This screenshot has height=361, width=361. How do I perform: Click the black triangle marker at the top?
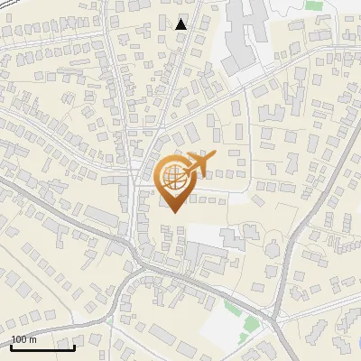pos(181,23)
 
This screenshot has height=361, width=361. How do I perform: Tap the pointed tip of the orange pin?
pos(171,211)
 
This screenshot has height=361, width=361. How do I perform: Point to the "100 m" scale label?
pos(23,339)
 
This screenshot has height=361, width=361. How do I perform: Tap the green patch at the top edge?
pos(313,5)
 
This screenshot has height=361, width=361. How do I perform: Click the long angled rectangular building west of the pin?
pos(100,217)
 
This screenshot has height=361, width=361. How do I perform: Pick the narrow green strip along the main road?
pos(231,307)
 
